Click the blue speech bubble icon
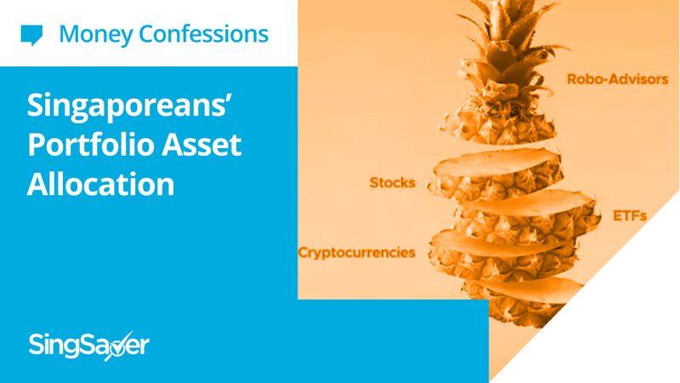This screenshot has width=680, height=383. point(31,35)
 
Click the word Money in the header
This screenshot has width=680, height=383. point(96,35)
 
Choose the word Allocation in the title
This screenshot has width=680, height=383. point(100,184)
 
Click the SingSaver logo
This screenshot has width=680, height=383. point(89,346)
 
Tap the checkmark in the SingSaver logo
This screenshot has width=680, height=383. point(117,346)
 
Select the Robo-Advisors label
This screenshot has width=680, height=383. point(618,79)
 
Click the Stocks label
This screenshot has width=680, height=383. point(393,183)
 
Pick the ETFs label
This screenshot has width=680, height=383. point(630,216)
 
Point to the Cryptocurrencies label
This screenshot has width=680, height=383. point(357,253)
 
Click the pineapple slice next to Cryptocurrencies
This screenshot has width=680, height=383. point(503,252)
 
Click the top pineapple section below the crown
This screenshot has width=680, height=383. point(498,122)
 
